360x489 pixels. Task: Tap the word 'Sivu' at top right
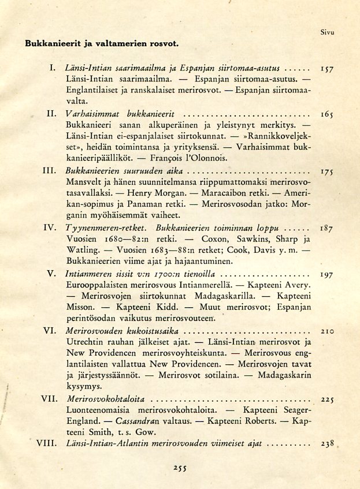[328, 33]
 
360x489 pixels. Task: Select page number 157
[328, 69]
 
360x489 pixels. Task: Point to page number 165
[328, 115]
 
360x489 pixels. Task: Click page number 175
[328, 172]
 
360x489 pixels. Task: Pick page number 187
[328, 229]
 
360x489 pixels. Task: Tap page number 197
[326, 275]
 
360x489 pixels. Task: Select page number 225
[328, 399]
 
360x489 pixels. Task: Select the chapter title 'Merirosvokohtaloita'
[106, 399]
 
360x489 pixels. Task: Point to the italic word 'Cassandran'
[139, 421]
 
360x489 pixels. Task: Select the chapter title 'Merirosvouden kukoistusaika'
[123, 331]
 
